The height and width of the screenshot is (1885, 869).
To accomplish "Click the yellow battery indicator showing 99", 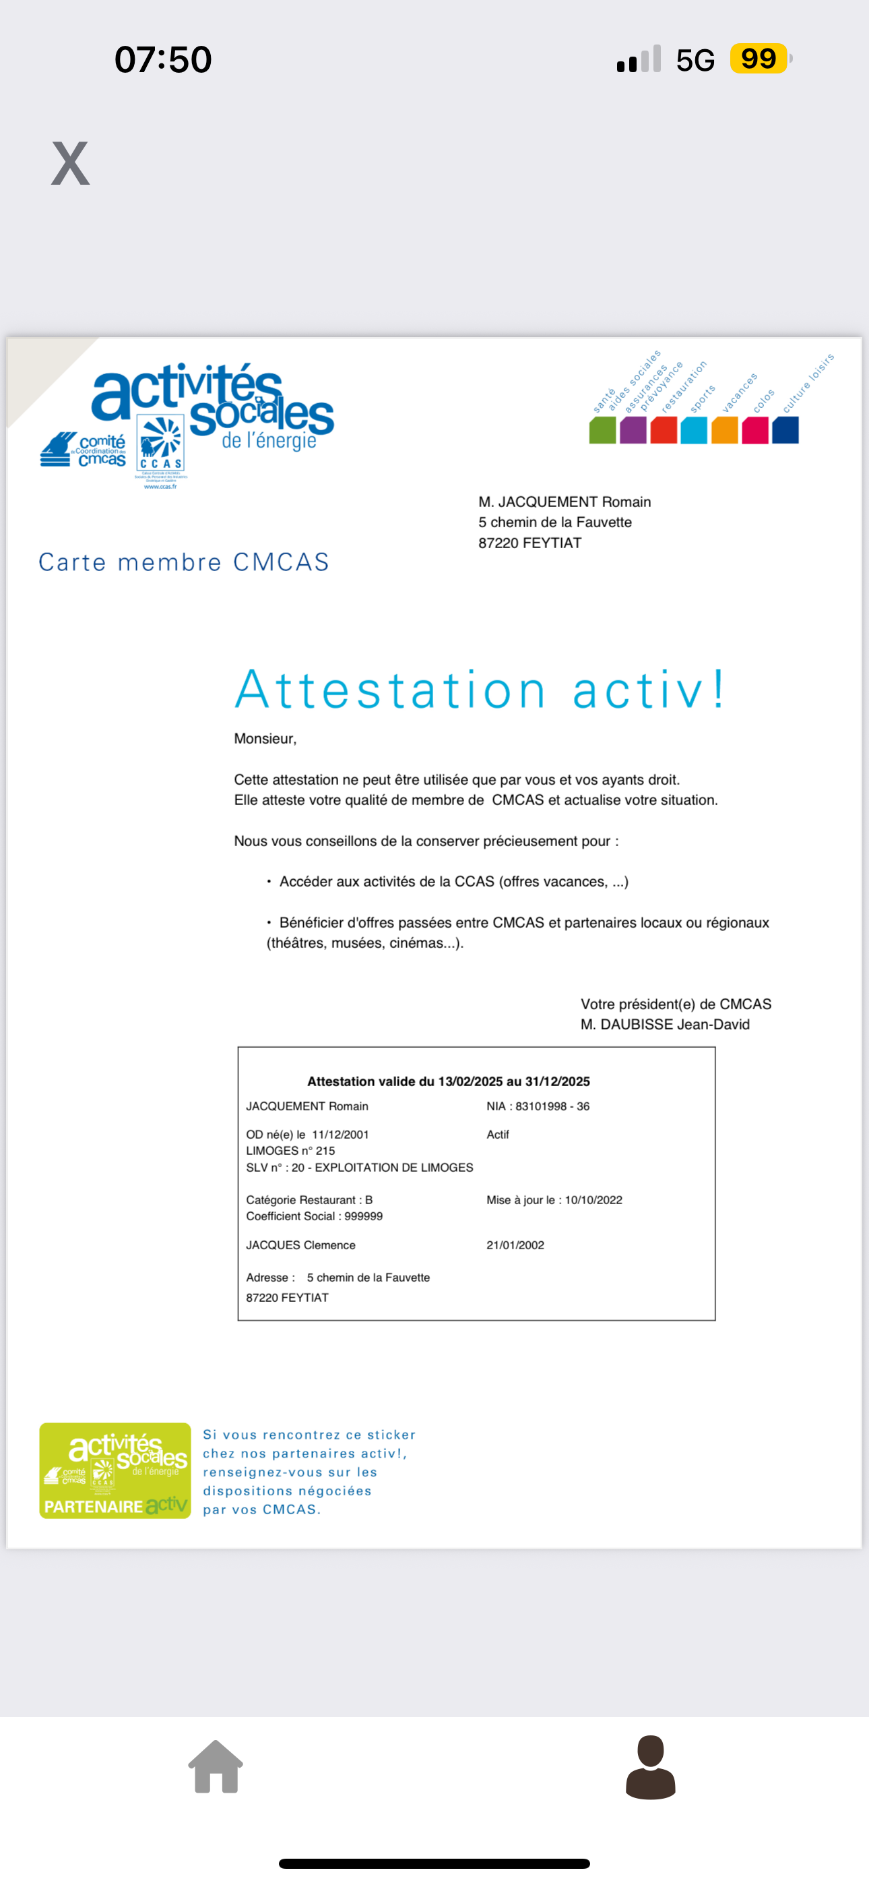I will (759, 59).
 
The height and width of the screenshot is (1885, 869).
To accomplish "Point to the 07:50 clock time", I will (163, 59).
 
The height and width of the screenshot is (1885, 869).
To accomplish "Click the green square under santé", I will (602, 430).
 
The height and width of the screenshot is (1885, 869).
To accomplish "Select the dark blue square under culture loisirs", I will (785, 430).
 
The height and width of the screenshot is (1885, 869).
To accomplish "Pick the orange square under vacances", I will (724, 430).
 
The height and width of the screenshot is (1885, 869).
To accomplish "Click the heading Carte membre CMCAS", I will (184, 562).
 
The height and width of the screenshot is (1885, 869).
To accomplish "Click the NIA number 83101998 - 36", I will (552, 1106).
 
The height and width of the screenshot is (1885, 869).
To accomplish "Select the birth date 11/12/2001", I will (340, 1134).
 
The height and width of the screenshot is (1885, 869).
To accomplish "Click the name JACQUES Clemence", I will (300, 1245).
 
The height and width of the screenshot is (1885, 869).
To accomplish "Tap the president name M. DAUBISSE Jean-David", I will (665, 1025).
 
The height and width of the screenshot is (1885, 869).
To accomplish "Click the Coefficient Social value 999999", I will (364, 1216).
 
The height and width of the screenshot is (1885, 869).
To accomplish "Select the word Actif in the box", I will (497, 1134).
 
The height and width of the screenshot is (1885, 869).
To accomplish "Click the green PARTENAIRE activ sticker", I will (115, 1471).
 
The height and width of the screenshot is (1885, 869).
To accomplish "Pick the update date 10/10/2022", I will (593, 1200).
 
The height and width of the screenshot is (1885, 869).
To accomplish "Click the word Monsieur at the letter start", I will (265, 738).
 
